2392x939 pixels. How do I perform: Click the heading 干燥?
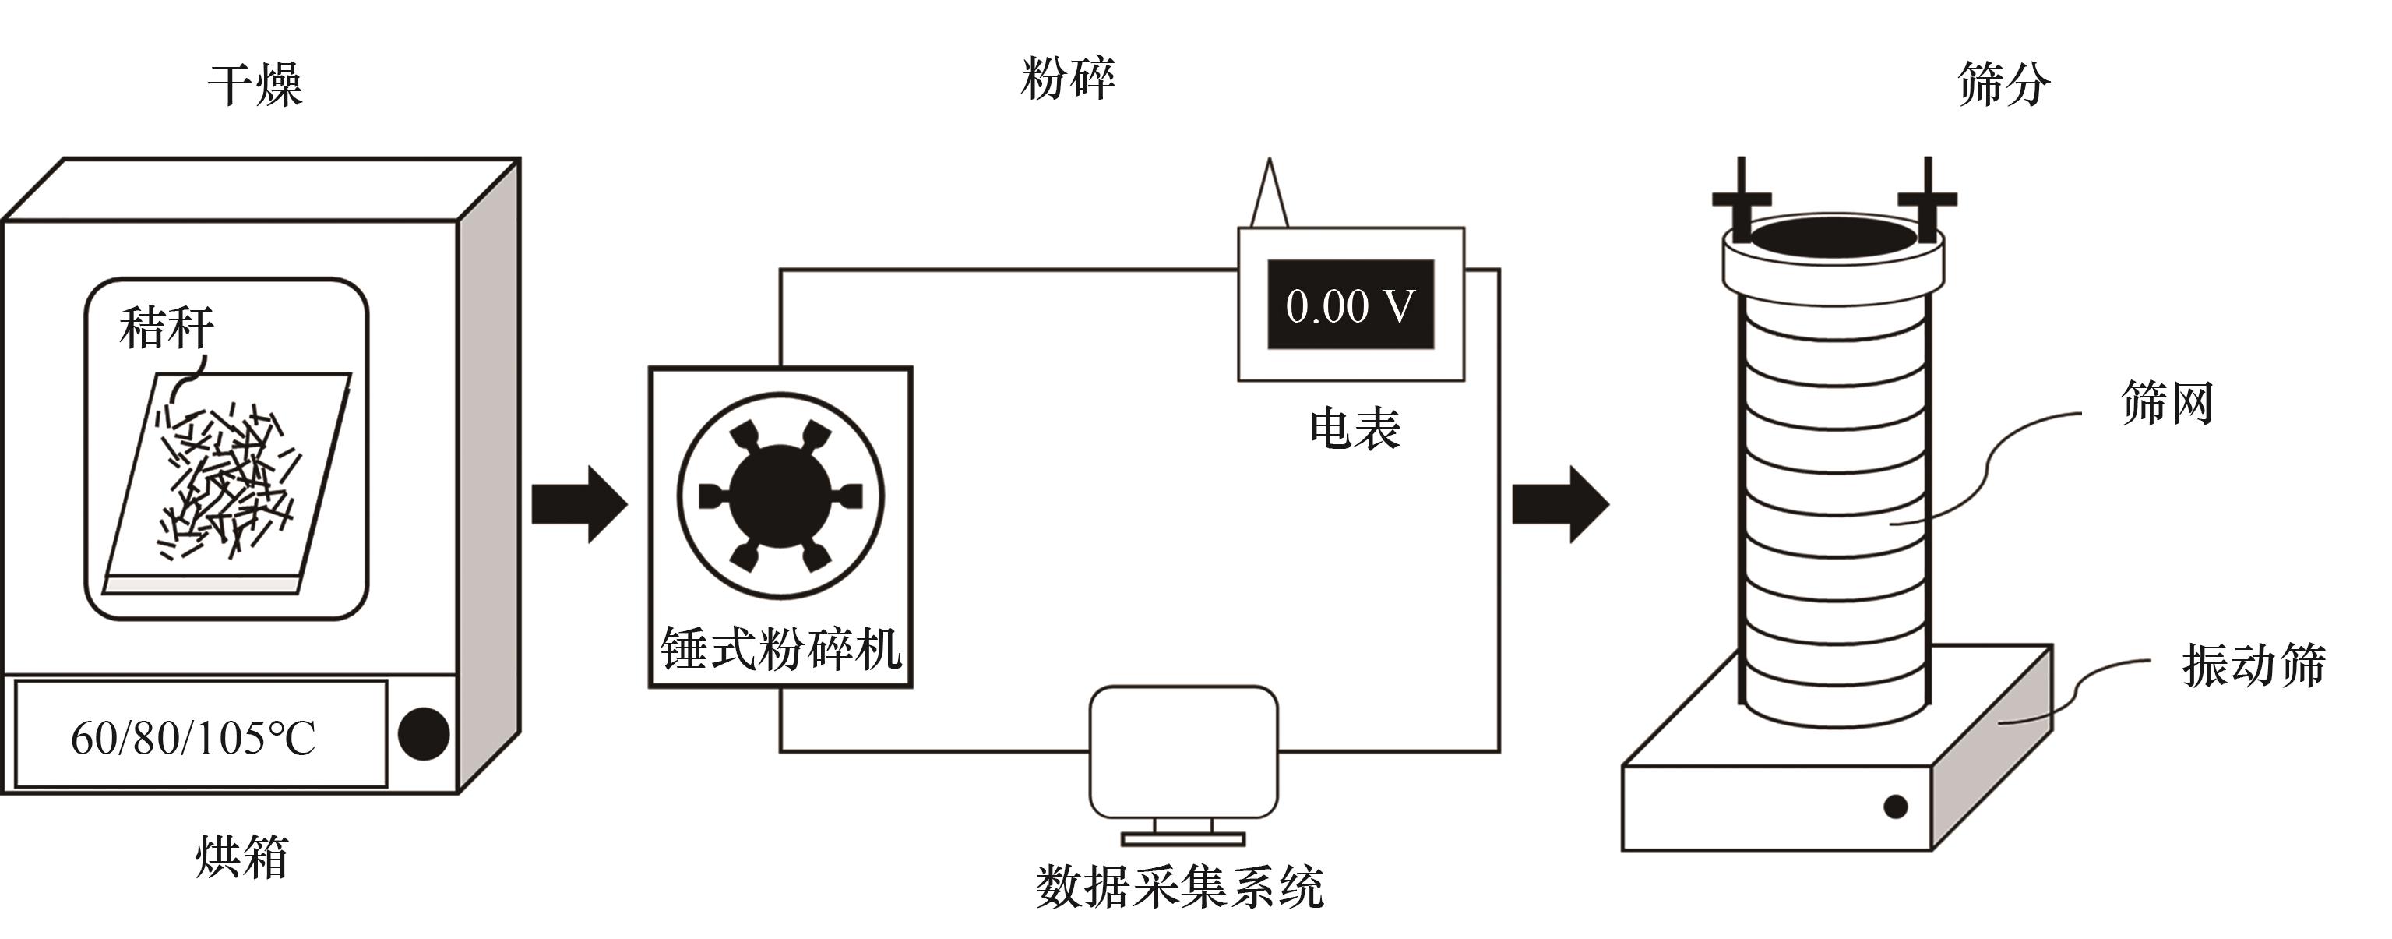tap(255, 86)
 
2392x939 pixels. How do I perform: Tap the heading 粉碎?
tap(1068, 78)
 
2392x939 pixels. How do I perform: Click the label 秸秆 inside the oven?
tap(166, 329)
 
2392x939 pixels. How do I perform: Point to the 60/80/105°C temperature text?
tap(193, 740)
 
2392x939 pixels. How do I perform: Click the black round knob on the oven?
tap(424, 734)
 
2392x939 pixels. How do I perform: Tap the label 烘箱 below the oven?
tap(241, 856)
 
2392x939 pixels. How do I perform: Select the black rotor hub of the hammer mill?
tap(780, 496)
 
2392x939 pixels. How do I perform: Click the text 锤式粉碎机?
tap(780, 648)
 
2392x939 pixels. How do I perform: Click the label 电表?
tap(1354, 429)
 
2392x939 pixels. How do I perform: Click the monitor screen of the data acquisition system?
tap(1183, 751)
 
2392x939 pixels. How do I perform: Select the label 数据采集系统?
tap(1179, 887)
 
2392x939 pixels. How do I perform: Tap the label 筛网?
tap(2166, 403)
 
